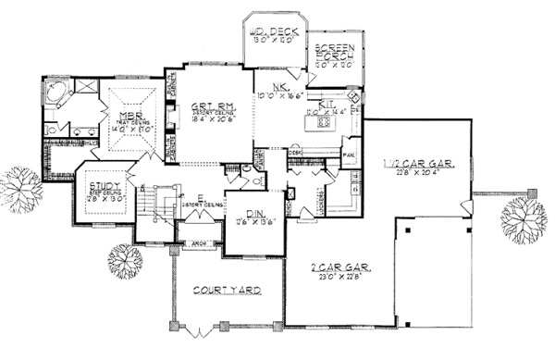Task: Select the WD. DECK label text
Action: (x=269, y=33)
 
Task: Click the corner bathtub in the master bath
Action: (x=57, y=93)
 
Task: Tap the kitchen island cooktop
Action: (x=324, y=125)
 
